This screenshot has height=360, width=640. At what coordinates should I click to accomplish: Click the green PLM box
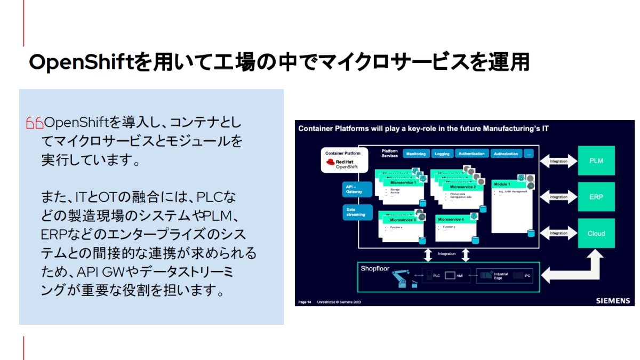[596, 161]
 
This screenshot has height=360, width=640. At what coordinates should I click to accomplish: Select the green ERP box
[596, 197]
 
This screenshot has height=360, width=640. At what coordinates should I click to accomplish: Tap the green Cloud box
[596, 233]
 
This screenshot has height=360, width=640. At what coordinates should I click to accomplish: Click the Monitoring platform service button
[415, 154]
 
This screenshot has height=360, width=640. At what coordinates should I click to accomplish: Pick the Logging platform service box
[442, 154]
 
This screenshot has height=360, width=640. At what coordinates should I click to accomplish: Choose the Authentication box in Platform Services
[471, 154]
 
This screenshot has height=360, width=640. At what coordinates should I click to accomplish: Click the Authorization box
[506, 154]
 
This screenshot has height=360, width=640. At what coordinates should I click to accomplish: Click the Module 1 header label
[502, 184]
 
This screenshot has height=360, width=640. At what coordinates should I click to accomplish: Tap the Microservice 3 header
[403, 220]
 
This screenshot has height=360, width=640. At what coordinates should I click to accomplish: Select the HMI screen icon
[450, 276]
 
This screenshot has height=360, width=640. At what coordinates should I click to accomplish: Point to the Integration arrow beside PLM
[558, 161]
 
